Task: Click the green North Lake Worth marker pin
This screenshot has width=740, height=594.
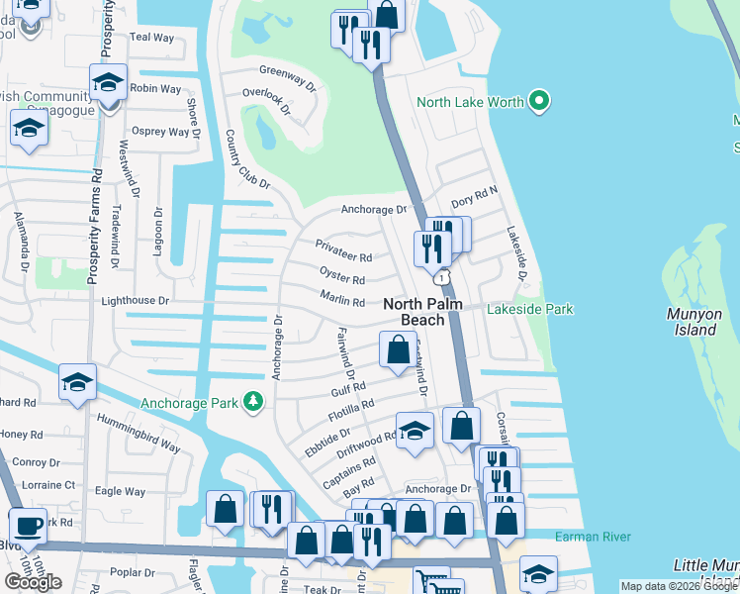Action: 539,101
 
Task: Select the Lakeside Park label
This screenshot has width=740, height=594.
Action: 529,310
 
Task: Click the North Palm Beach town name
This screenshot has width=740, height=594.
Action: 423,312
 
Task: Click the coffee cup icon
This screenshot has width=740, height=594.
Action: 29,526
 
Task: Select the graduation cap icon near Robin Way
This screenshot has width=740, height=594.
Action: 108,82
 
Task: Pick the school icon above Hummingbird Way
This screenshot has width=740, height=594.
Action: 77,381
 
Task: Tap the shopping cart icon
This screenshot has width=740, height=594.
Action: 430,582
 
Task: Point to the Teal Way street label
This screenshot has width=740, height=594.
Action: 151,38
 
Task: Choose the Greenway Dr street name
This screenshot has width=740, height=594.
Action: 287,71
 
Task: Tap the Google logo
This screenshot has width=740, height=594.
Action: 33,582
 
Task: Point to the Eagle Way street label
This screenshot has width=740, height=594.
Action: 120,492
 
